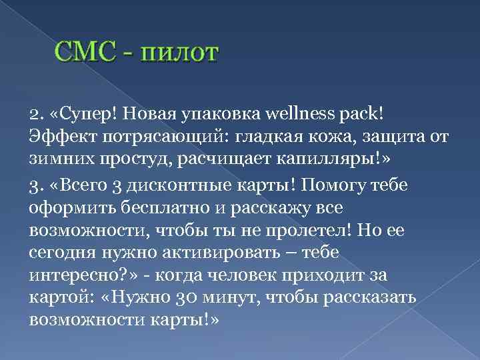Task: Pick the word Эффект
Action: click(57, 137)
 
